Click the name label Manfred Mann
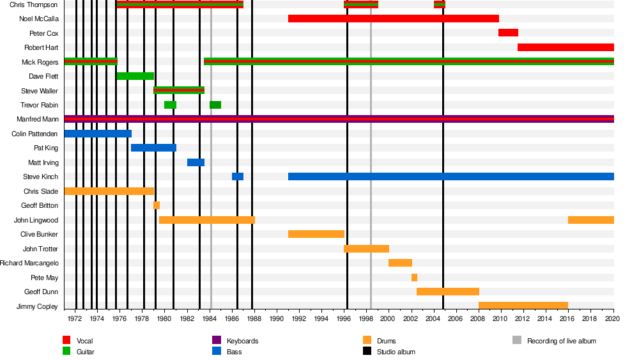37,120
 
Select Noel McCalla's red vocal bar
393,19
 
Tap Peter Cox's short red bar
508,33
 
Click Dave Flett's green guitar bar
135,76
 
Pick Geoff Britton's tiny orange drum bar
157,205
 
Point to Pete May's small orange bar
414,278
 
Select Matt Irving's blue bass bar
196,162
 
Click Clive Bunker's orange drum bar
316,234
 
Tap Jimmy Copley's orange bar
523,306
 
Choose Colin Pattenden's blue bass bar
98,134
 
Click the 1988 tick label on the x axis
254,318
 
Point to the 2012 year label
523,318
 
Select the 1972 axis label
75,318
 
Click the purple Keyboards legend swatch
217,341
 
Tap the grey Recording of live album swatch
517,341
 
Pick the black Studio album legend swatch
367,352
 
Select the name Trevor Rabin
40,105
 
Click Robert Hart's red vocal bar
566,47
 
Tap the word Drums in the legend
386,341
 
